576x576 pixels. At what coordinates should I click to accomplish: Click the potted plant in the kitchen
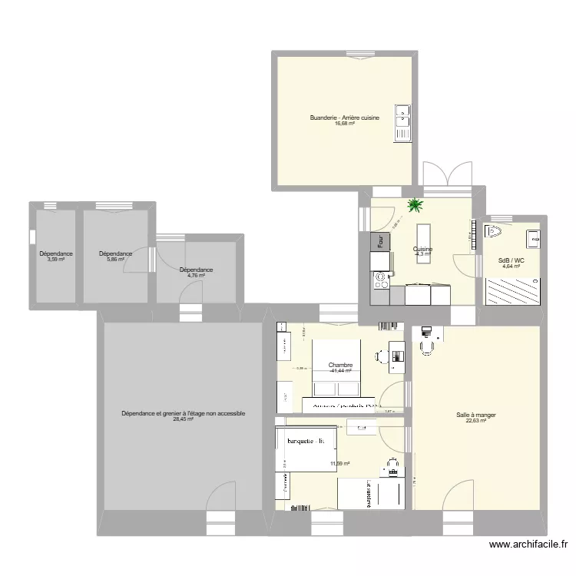pyautogui.click(x=416, y=205)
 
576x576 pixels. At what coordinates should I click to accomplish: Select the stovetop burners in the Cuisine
pyautogui.click(x=380, y=283)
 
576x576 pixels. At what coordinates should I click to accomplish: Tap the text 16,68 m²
pyautogui.click(x=345, y=124)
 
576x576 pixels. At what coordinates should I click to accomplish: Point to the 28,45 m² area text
pyautogui.click(x=183, y=420)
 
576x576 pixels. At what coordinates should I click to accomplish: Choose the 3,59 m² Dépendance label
pyautogui.click(x=56, y=260)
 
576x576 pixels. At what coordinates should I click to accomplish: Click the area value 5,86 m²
pyautogui.click(x=115, y=260)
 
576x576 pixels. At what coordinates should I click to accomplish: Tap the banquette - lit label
pyautogui.click(x=306, y=441)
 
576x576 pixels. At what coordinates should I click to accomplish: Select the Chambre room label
pyautogui.click(x=339, y=365)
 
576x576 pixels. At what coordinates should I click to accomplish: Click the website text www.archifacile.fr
pyautogui.click(x=529, y=545)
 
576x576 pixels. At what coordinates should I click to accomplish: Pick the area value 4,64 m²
pyautogui.click(x=511, y=266)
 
